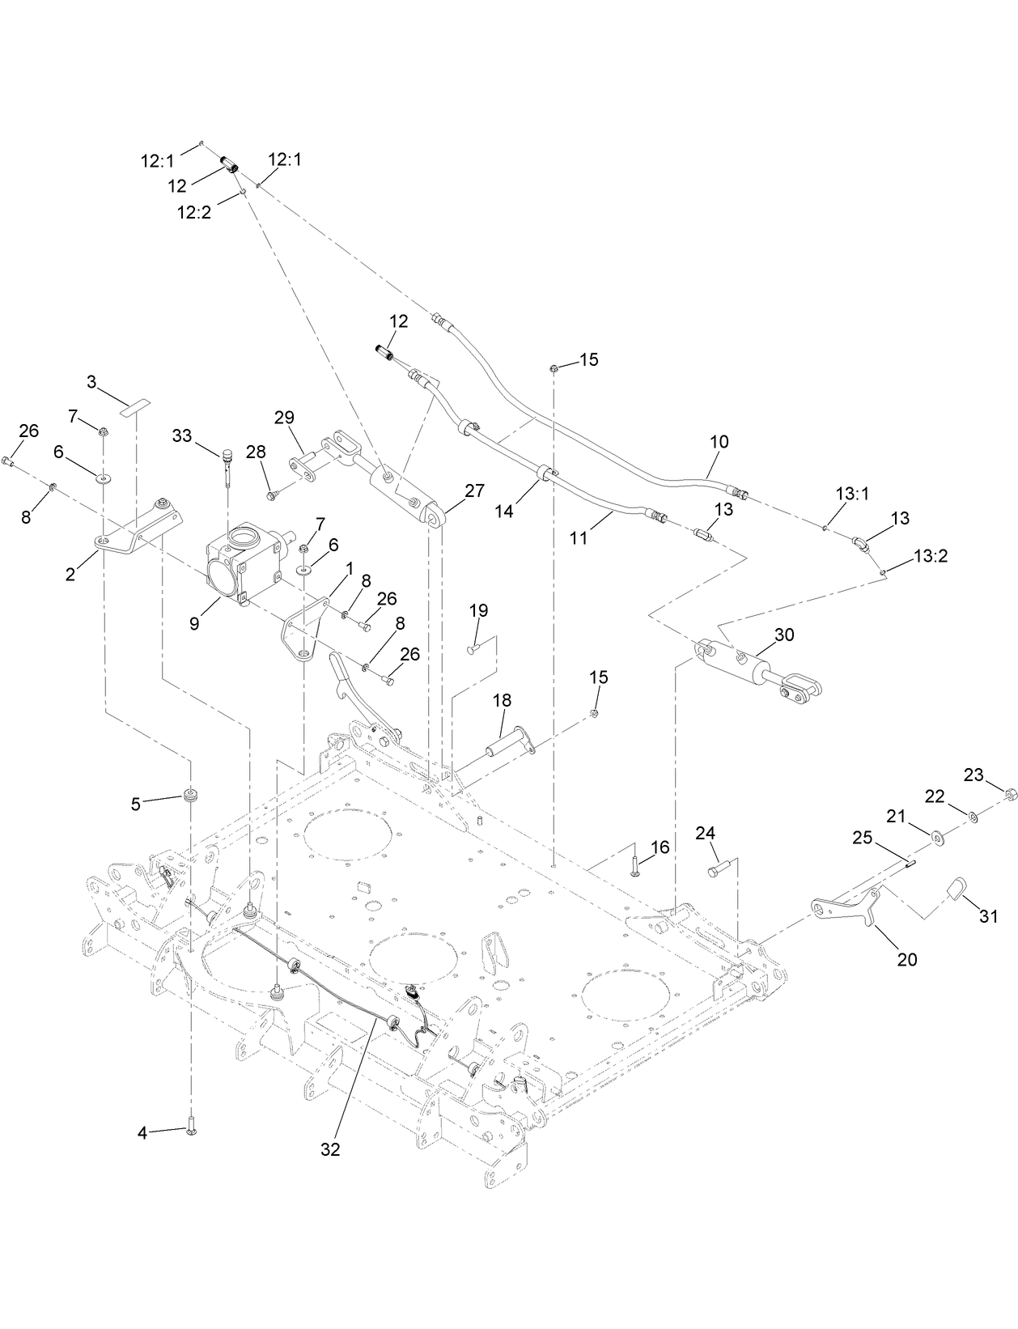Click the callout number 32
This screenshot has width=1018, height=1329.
tap(329, 1149)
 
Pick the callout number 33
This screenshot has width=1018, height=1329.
tap(182, 435)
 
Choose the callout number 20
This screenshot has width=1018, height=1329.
tap(906, 959)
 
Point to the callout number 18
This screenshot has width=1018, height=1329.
tap(502, 701)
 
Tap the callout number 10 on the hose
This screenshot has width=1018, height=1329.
tap(719, 442)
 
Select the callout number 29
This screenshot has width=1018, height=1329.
tap(283, 418)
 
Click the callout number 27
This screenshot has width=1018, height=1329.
tap(473, 490)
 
